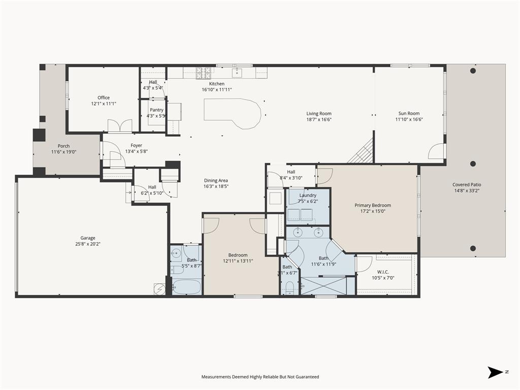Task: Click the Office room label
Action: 104,97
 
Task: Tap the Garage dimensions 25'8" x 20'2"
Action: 88,244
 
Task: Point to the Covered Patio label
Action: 467,185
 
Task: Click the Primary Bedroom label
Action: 373,205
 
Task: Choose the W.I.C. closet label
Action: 382,272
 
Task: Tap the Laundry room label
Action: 308,195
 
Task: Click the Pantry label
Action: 156,110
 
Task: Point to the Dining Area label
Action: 216,180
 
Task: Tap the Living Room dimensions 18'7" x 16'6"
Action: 319,120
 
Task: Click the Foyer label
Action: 136,145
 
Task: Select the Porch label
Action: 63,146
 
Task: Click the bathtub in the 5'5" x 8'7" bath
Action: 186,287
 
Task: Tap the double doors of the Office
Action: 120,126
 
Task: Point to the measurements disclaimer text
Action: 260,377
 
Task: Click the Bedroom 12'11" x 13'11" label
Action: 238,255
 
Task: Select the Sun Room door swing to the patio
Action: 436,151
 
